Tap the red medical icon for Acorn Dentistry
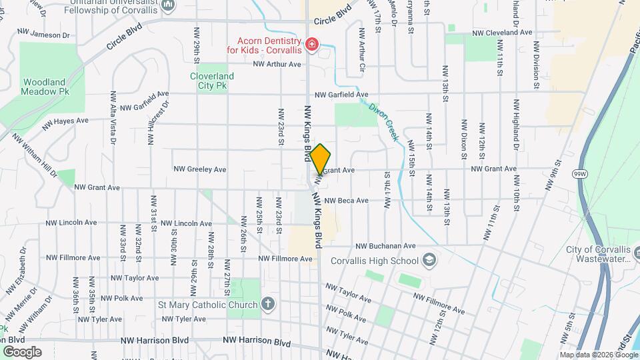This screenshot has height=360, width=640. tap(311, 45)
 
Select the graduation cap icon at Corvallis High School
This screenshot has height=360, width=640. tap(430, 259)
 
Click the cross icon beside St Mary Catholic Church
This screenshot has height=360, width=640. tap(267, 305)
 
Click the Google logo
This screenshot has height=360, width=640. tap(22, 351)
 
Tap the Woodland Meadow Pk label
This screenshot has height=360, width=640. tap(44, 87)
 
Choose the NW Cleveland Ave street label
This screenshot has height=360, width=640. tap(502, 32)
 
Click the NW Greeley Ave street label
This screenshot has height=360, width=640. tap(200, 169)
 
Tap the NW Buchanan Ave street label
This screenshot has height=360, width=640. tap(385, 246)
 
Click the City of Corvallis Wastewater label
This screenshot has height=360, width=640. tap(599, 254)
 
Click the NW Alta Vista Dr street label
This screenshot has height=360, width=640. tap(113, 118)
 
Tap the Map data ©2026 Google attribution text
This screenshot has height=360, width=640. tap(598, 355)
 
